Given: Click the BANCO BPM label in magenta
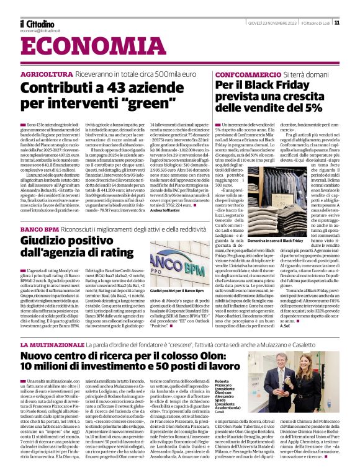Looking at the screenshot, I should (x=39, y=229).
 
